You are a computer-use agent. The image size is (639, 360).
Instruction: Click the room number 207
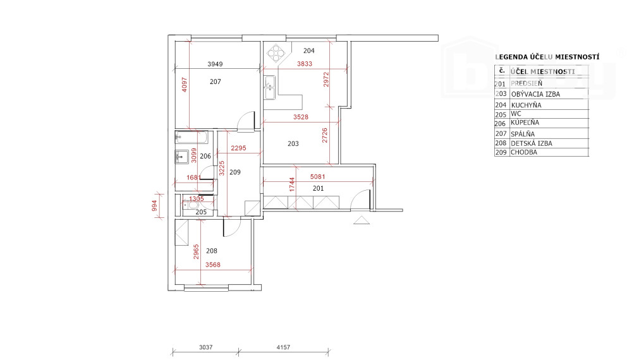[x=216, y=81]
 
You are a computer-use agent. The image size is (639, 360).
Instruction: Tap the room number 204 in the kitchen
[x=308, y=51]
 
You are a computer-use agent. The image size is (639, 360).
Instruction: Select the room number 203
[x=293, y=144]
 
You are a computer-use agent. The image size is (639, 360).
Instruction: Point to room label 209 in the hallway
[x=234, y=172]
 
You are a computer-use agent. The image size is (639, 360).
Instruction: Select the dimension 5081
[x=317, y=177]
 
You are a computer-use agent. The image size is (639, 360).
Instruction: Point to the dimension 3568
[x=212, y=265]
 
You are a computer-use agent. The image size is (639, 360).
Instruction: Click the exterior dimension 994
[x=154, y=207]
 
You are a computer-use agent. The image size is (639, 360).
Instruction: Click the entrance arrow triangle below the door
[x=362, y=220]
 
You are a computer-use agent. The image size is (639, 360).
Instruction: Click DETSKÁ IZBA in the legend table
[x=531, y=143]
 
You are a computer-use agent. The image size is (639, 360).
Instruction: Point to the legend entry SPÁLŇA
[x=522, y=133]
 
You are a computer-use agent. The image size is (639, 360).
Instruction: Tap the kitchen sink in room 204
[x=269, y=83]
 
